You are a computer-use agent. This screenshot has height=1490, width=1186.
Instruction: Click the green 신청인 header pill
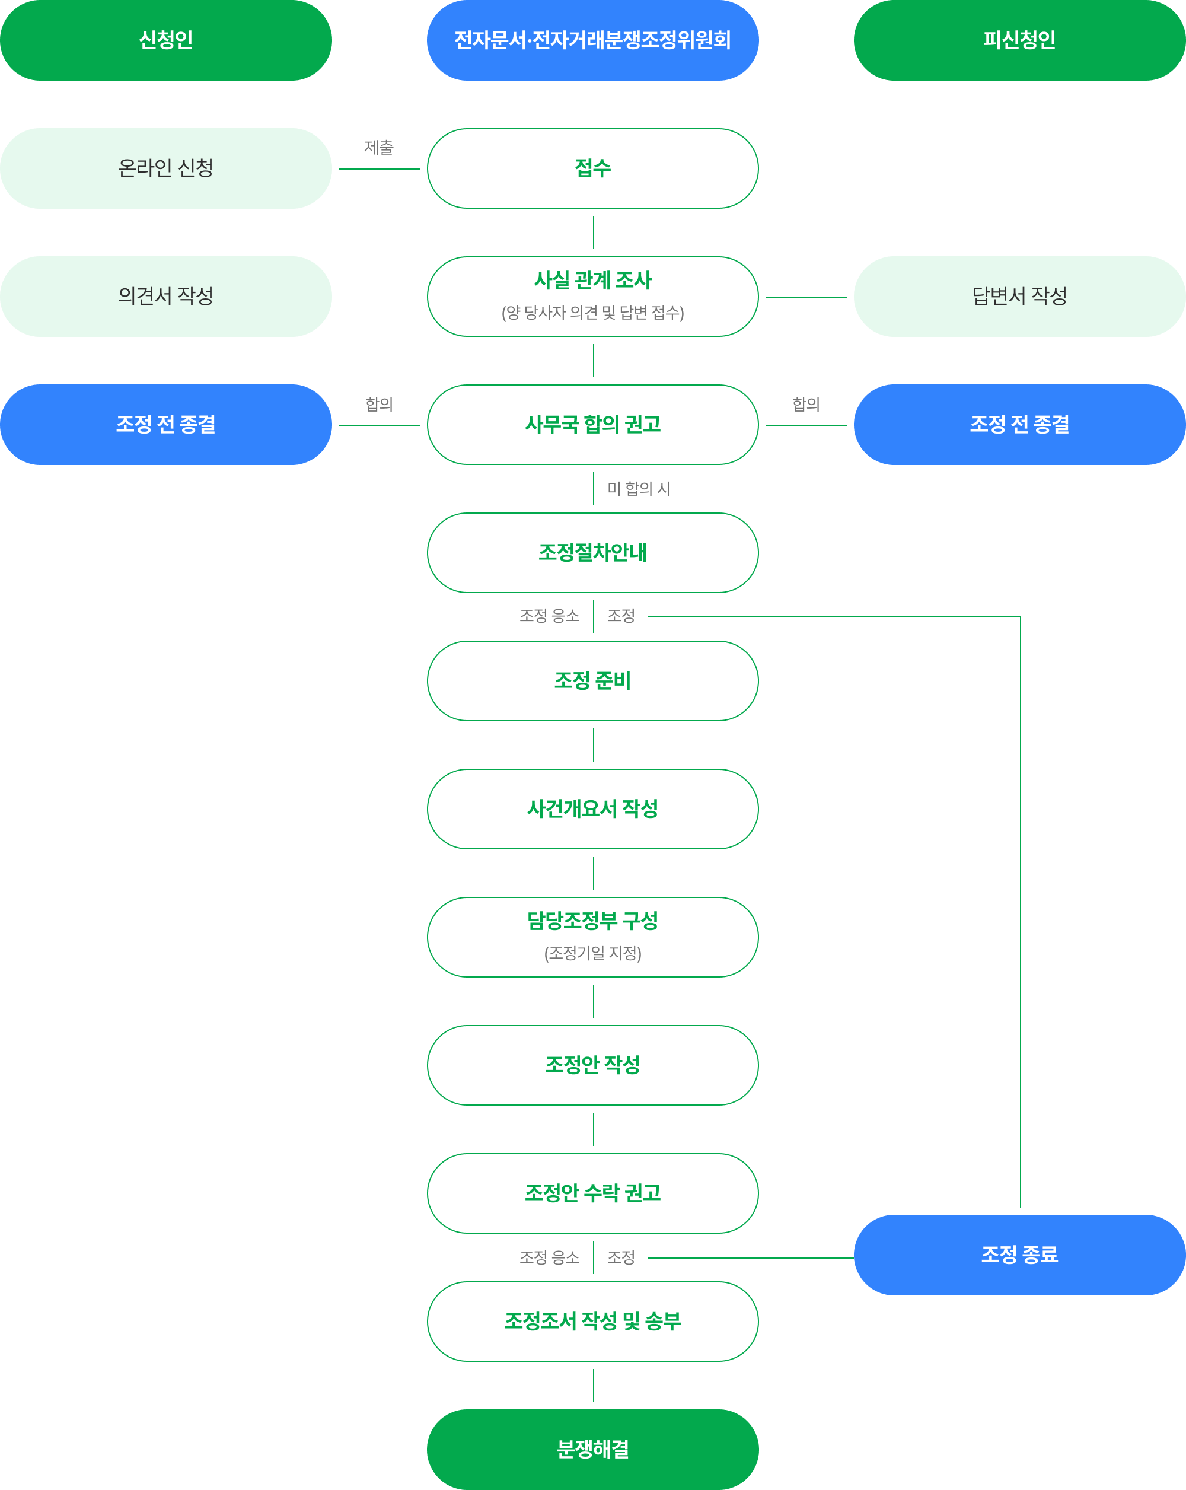coord(166,40)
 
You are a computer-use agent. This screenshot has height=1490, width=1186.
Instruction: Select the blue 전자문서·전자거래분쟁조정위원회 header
coord(592,40)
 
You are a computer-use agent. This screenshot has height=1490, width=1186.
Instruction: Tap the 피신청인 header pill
coord(1019,40)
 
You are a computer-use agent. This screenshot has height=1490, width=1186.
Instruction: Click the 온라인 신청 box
coord(166,168)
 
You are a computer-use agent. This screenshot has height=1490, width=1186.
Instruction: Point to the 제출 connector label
coord(379,147)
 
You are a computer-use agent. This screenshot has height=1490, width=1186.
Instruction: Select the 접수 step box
coord(592,168)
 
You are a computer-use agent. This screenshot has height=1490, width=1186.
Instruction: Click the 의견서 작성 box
coord(166,297)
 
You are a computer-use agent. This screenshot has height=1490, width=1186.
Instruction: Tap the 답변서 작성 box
coord(1019,297)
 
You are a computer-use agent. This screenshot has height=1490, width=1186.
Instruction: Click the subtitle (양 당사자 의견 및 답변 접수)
coord(592,313)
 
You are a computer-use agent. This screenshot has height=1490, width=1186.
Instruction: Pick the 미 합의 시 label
coord(639,489)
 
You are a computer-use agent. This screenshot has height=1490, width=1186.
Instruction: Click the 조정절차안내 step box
coord(592,553)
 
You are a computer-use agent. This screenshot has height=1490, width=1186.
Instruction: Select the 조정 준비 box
coord(592,681)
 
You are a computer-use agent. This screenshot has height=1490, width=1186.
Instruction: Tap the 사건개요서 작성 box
coord(592,809)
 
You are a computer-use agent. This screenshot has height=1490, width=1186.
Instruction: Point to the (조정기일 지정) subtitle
coord(592,954)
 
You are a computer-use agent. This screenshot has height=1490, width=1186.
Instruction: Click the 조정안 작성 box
coord(592,1065)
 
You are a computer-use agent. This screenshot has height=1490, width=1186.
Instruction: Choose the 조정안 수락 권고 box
coord(592,1193)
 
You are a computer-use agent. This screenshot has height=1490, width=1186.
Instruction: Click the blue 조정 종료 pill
coord(1019,1255)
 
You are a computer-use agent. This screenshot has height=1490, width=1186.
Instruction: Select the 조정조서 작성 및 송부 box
coord(592,1322)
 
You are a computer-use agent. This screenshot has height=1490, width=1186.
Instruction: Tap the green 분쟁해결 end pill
coord(592,1449)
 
